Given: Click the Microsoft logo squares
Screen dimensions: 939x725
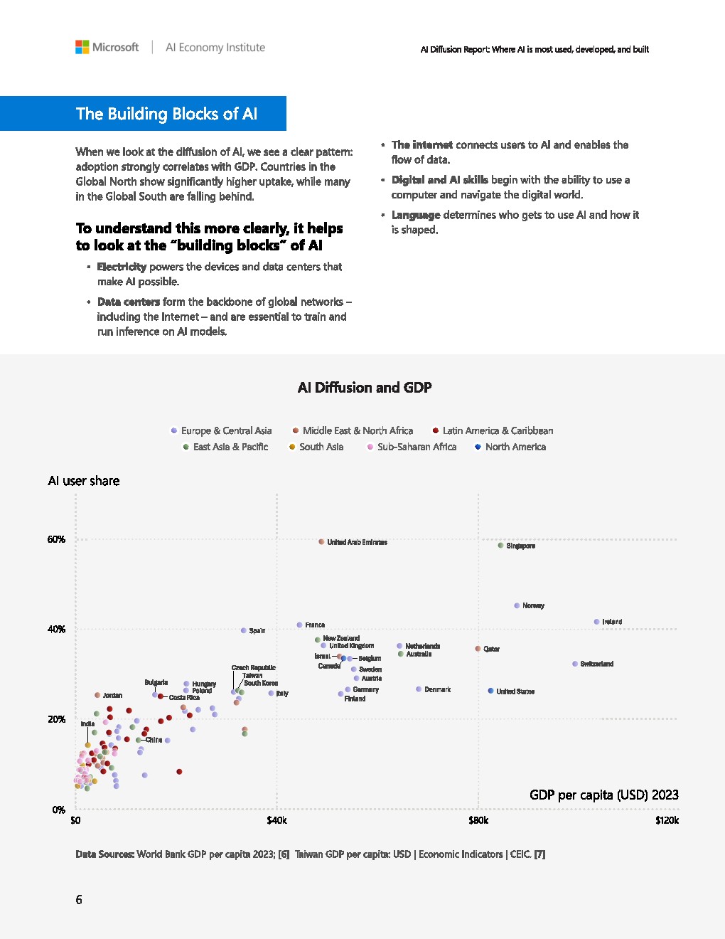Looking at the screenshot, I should (82, 47).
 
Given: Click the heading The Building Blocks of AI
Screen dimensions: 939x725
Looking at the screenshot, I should (166, 114).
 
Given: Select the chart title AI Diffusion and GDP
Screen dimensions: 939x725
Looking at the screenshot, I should (364, 388).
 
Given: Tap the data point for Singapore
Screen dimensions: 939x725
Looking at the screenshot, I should (501, 546).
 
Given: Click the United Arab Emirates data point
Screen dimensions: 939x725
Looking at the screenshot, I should (321, 542).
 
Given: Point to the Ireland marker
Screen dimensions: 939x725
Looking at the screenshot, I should (597, 622).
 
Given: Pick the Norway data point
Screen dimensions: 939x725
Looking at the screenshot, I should (517, 605).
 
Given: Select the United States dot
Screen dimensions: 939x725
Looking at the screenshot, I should (490, 691).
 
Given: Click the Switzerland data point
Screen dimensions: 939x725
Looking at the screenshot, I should (575, 664).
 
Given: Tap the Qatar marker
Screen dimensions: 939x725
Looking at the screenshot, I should (478, 649).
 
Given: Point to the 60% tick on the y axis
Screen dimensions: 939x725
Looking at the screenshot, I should (56, 539).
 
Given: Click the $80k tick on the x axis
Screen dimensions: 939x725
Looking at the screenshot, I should (478, 820).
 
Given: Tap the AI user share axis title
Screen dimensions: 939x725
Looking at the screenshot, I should (84, 481).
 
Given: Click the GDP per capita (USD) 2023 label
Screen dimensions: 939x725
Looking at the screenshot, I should (603, 795).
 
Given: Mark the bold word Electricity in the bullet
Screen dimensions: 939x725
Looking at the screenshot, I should (122, 267).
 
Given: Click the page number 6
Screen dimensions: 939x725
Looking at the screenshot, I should (79, 900).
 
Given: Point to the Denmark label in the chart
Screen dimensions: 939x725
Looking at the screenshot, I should (437, 689).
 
